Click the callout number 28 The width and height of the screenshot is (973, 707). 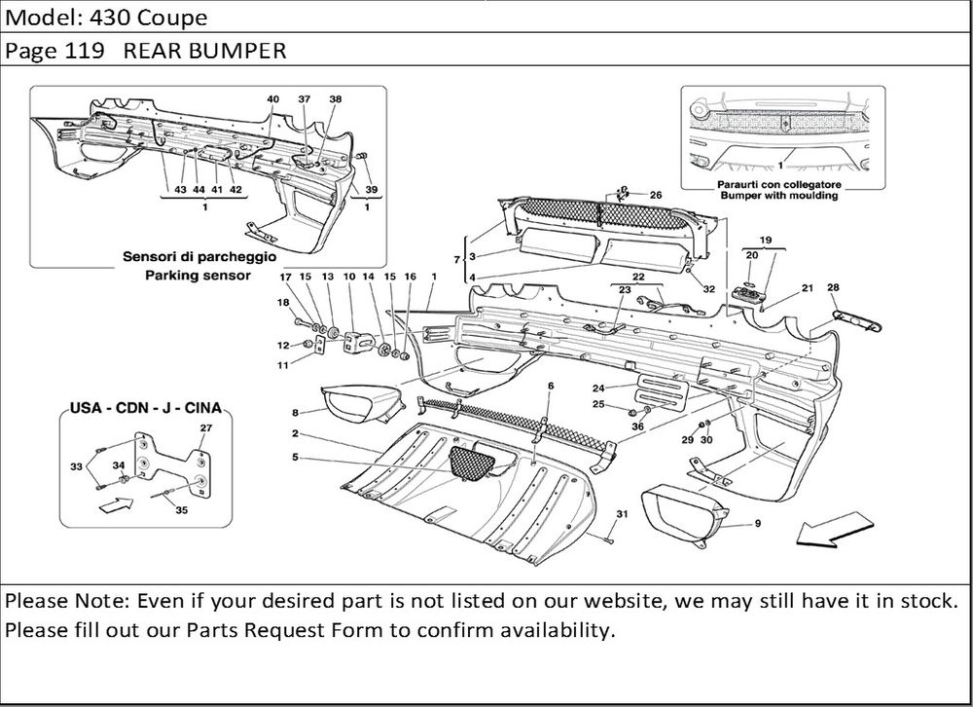tap(833, 287)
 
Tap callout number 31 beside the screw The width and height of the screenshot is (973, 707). tap(621, 514)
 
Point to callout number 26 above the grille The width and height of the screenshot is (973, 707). tap(655, 195)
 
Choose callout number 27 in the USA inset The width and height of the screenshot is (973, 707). tap(206, 428)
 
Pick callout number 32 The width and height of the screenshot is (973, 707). tap(709, 289)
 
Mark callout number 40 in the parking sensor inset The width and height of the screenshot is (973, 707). tap(272, 99)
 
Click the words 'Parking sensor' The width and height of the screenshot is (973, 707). tap(198, 276)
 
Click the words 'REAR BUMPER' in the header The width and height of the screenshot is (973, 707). tap(204, 51)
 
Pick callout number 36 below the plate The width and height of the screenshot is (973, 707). tap(638, 426)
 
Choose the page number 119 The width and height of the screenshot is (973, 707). tap(87, 51)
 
